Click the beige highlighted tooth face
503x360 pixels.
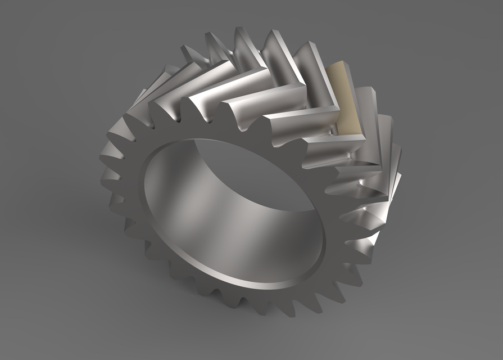(x=344, y=101)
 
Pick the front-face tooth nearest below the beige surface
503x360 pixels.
(x=315, y=163)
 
